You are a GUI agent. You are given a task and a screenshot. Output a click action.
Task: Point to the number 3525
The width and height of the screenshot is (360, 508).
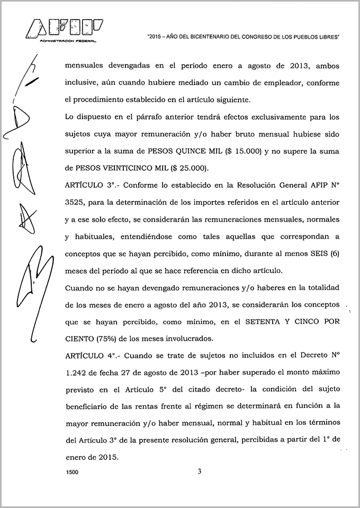click(x=75, y=202)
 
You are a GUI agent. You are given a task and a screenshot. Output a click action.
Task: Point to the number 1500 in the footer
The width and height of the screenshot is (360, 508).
click(x=72, y=475)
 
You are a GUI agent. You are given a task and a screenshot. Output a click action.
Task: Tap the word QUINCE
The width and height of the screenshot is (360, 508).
click(x=187, y=150)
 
